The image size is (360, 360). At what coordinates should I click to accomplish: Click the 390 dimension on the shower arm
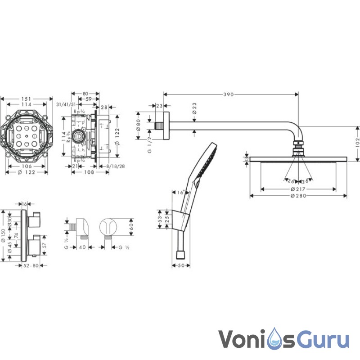click(x=229, y=94)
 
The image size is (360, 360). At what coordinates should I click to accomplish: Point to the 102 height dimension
click(x=356, y=143)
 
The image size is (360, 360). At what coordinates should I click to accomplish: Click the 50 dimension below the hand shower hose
click(x=180, y=266)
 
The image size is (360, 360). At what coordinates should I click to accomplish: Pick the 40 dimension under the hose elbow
click(x=82, y=247)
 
